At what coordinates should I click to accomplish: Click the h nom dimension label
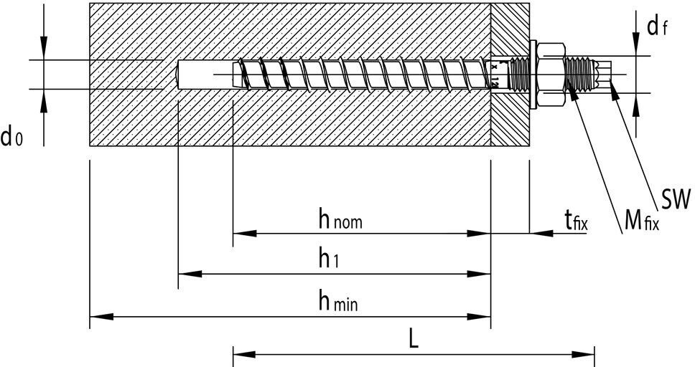(340, 220)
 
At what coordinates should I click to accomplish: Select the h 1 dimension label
(328, 260)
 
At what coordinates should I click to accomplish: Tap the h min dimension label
(337, 302)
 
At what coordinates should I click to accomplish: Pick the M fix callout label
(640, 220)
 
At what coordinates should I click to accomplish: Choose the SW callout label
(676, 199)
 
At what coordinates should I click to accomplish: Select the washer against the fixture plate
(533, 74)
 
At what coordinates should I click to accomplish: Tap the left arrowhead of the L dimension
(243, 353)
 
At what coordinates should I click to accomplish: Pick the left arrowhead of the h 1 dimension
(188, 274)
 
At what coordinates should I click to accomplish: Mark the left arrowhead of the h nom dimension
(243, 233)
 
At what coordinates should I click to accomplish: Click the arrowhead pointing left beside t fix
(539, 233)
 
